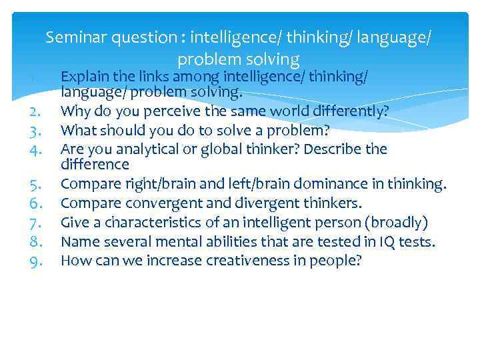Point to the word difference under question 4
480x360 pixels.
point(95,164)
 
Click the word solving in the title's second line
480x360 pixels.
point(273,59)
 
